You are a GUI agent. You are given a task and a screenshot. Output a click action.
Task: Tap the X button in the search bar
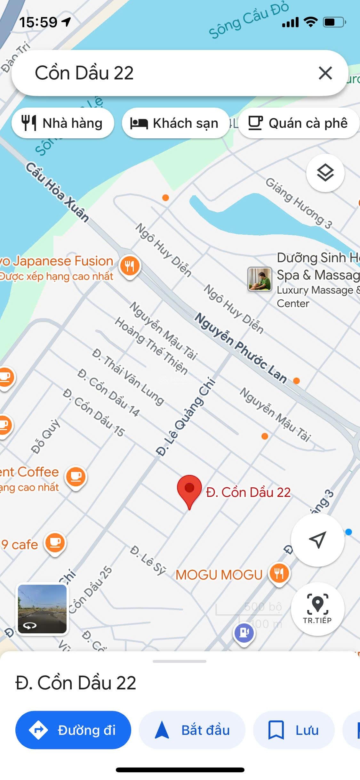click(x=325, y=73)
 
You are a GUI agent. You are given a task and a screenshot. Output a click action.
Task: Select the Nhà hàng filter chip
click(x=63, y=123)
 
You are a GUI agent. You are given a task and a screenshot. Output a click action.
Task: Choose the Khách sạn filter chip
click(x=175, y=123)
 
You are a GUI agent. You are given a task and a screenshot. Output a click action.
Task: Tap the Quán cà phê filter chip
click(x=298, y=123)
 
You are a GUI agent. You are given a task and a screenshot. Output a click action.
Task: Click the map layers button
click(x=325, y=173)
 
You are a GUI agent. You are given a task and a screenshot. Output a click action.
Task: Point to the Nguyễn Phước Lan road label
click(x=241, y=347)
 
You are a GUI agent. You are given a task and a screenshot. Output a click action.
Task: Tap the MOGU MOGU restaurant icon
click(x=279, y=574)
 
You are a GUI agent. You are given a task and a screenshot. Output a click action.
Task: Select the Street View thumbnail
click(x=42, y=609)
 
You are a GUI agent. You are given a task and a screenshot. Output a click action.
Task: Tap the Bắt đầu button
click(x=192, y=730)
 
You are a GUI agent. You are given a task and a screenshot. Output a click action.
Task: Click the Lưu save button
click(x=294, y=730)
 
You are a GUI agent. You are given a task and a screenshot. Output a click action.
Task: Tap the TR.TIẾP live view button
click(x=317, y=609)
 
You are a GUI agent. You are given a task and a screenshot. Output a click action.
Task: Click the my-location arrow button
click(x=317, y=540)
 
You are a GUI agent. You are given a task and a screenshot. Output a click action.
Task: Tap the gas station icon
click(x=244, y=633)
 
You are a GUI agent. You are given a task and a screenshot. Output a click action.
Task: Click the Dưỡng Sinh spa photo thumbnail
click(x=260, y=279)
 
